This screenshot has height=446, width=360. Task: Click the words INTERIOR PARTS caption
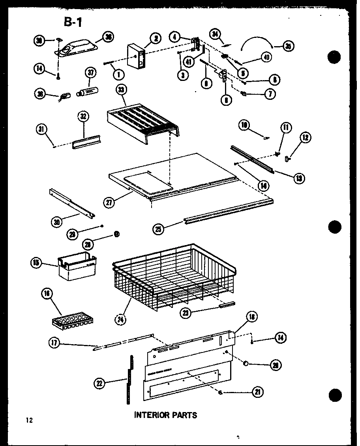165,415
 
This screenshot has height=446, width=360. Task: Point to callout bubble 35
288,47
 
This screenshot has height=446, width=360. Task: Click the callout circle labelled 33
120,90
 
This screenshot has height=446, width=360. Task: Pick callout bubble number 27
109,202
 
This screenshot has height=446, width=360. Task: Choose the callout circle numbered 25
159,229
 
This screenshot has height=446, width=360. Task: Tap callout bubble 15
36,262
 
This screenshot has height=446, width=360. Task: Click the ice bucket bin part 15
77,266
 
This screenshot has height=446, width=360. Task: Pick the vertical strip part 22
129,379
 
